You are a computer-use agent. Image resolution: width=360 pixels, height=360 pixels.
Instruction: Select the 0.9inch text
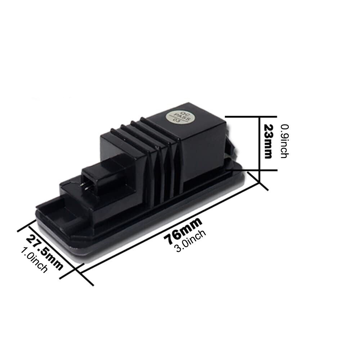[x=284, y=141]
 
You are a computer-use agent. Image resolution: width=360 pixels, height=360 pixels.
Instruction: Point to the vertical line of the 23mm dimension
[x=260, y=148]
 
